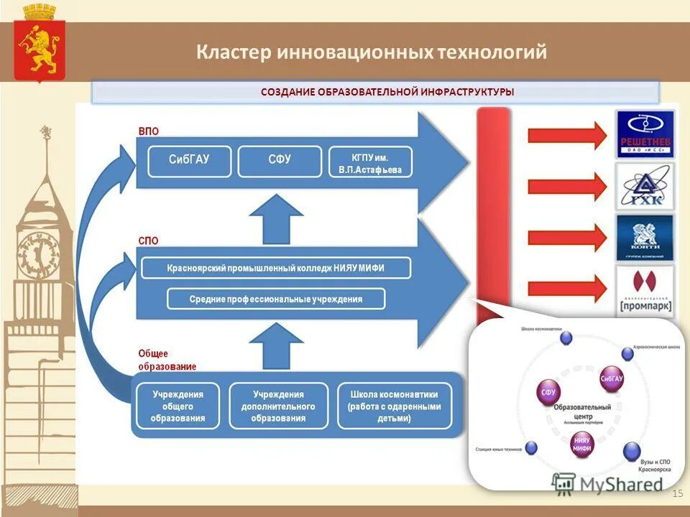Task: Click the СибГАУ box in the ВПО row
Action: click(189, 161)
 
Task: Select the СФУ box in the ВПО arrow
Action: click(279, 161)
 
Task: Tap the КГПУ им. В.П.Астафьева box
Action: click(371, 162)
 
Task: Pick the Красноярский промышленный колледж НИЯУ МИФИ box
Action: click(276, 268)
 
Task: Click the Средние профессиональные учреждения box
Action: click(276, 299)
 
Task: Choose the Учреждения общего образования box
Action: click(178, 406)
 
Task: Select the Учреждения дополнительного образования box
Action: click(278, 406)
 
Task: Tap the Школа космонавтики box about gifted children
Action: click(394, 406)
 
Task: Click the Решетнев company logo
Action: click(645, 134)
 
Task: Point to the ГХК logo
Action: click(645, 187)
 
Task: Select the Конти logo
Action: click(645, 238)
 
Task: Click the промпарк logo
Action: click(645, 291)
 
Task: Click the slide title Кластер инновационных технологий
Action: click(372, 52)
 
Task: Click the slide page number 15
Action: click(677, 493)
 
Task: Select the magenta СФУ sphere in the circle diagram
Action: click(548, 392)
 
